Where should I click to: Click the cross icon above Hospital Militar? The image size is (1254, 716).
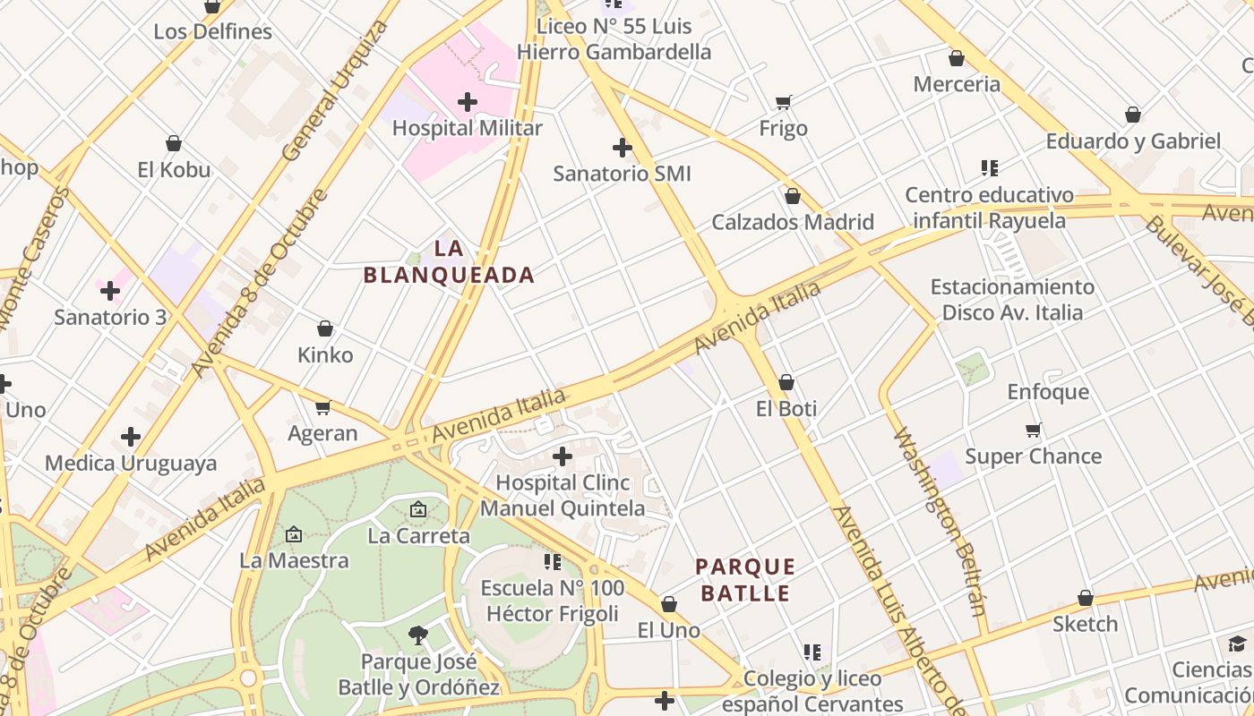click(468, 102)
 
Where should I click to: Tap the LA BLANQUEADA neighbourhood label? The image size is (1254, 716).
click(449, 261)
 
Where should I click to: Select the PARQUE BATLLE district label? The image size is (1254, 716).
click(745, 580)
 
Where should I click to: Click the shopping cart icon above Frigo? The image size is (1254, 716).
click(784, 102)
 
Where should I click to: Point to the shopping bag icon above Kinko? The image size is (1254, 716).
click(325, 329)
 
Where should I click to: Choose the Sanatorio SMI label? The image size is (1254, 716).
click(622, 174)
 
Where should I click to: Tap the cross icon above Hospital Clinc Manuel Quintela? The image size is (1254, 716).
click(563, 456)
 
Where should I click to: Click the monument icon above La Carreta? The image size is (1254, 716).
click(418, 510)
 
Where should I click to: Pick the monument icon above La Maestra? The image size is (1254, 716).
click(294, 534)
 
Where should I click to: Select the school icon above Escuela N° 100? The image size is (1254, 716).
click(553, 562)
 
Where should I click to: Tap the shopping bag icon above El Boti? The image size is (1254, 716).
click(786, 383)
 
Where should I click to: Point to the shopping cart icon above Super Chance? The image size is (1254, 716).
click(1034, 430)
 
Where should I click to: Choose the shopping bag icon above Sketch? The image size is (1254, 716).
click(1086, 598)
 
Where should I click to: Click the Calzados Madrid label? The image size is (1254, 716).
click(793, 222)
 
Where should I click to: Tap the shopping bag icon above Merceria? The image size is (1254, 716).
click(957, 59)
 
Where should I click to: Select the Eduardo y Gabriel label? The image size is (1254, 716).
click(1133, 141)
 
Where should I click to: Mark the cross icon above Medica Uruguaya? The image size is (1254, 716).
click(131, 437)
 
